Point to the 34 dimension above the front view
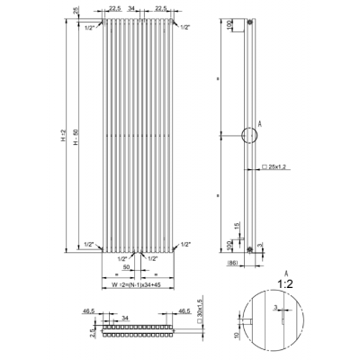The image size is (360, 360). [132, 8]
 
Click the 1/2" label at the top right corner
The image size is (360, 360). [184, 29]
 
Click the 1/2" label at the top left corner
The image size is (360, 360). [88, 29]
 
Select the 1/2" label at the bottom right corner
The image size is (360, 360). [185, 244]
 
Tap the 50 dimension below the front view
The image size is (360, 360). [127, 267]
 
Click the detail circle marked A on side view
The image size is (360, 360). [249, 136]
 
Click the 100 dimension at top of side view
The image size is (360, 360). [229, 26]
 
